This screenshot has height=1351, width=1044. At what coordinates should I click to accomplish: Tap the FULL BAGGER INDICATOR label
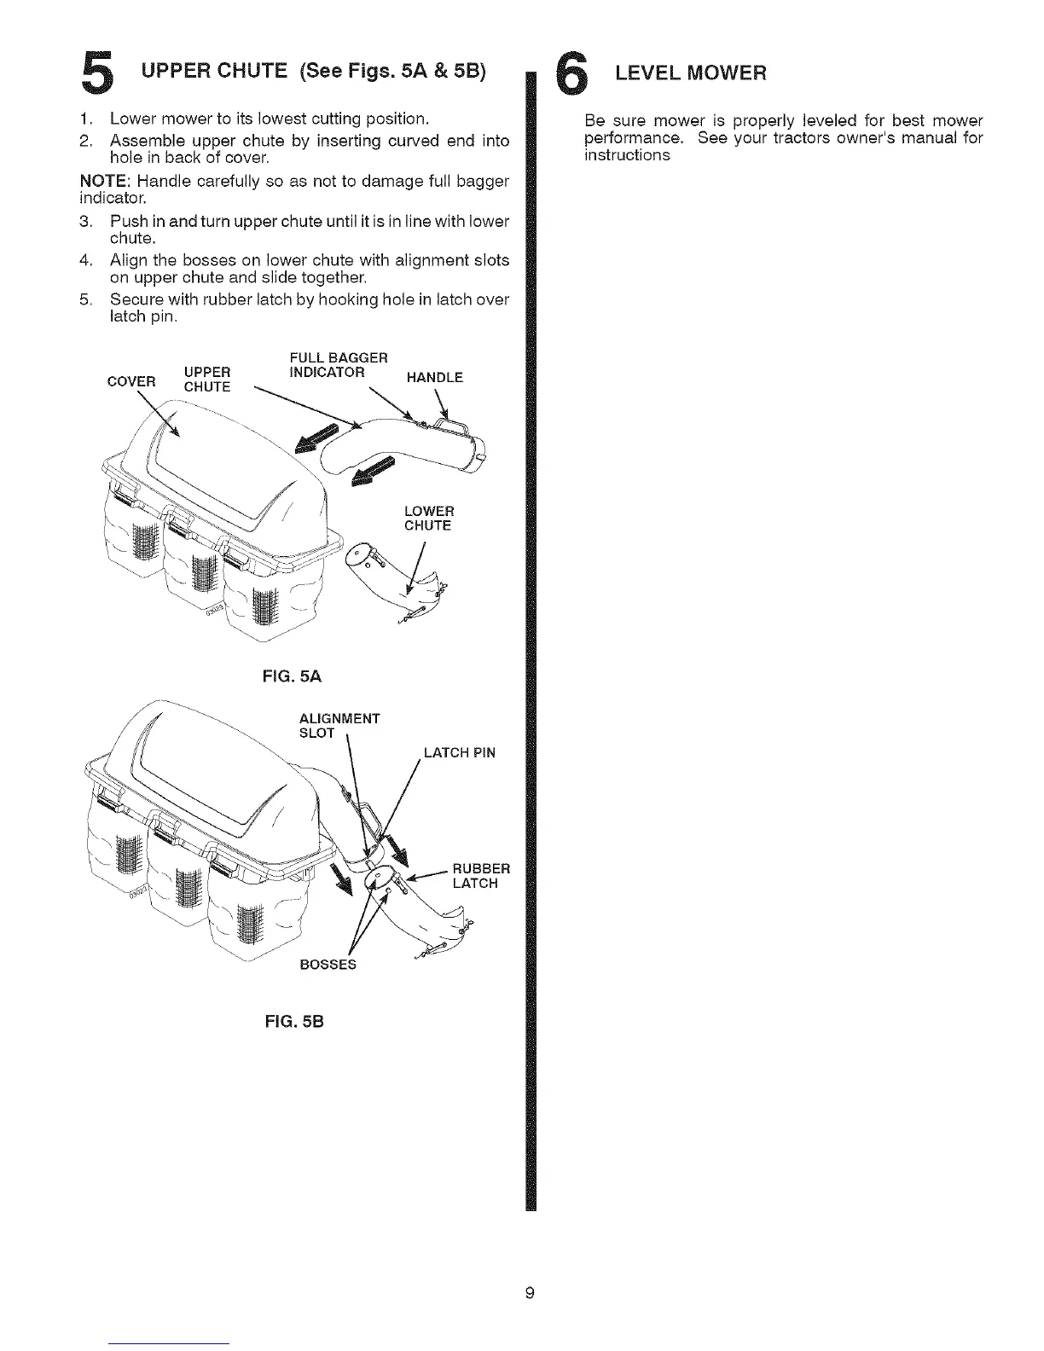(327, 364)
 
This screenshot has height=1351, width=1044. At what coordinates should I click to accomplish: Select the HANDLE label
(434, 377)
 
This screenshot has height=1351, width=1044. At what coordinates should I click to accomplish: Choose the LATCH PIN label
(459, 753)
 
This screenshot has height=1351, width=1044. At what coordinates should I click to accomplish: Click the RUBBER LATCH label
(480, 876)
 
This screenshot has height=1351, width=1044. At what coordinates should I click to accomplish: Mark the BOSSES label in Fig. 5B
(327, 965)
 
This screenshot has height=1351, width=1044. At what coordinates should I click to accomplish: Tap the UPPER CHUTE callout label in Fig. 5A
(207, 380)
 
